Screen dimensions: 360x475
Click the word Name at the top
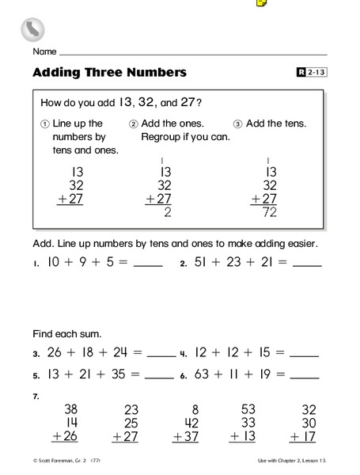click(x=44, y=51)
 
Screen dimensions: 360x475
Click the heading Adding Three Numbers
click(x=109, y=73)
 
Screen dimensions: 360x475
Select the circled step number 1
click(x=45, y=124)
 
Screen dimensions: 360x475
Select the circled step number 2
click(x=134, y=124)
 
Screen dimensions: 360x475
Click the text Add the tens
click(x=276, y=123)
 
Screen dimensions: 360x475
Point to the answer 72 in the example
click(x=269, y=212)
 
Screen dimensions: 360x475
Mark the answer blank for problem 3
click(x=161, y=354)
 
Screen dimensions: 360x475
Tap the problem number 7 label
click(x=36, y=395)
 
